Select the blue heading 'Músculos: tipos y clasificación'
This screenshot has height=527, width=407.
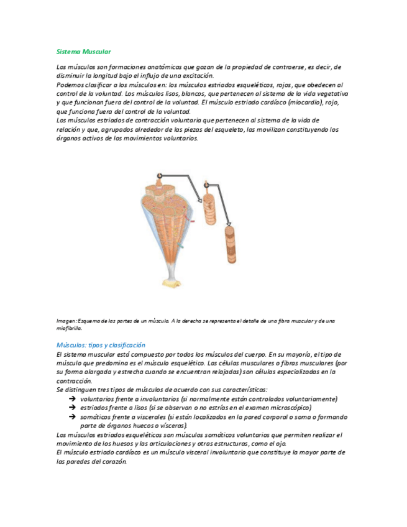coord(100,344)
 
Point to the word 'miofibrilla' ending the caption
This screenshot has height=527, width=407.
coord(68,328)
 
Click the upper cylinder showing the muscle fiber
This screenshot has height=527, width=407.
coord(208,211)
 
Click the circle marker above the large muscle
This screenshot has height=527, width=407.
coord(160,176)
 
